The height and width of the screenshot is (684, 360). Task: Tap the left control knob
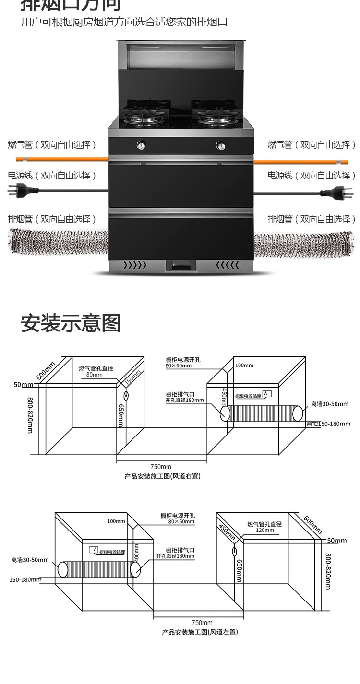coord(142,144)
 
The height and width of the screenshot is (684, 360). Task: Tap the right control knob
coord(221,144)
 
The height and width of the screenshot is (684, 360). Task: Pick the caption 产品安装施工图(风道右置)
coord(162,476)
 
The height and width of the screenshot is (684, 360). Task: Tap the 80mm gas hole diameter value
coord(95,375)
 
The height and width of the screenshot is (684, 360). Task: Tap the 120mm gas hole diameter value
coord(264,530)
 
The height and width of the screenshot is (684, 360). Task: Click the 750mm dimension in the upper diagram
coord(161,467)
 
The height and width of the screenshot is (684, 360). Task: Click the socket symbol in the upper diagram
coord(267,394)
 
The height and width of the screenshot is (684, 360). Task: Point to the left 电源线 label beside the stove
coord(52,176)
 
